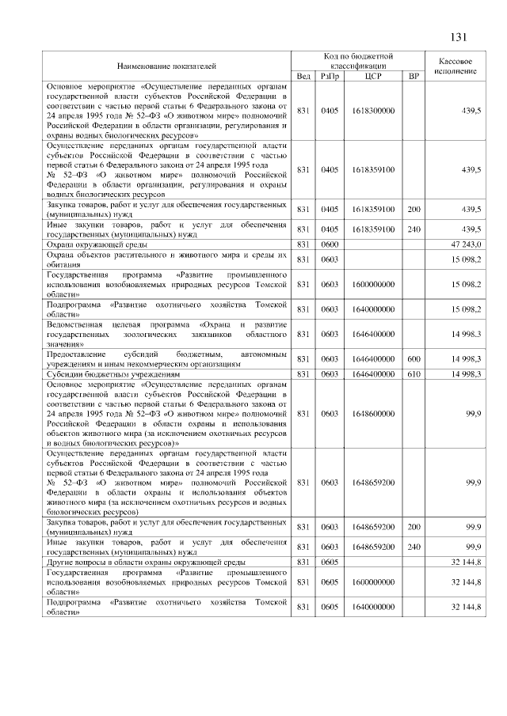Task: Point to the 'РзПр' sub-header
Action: pyautogui.click(x=329, y=75)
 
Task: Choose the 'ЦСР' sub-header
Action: pyautogui.click(x=373, y=75)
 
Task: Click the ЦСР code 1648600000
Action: pyautogui.click(x=373, y=413)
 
